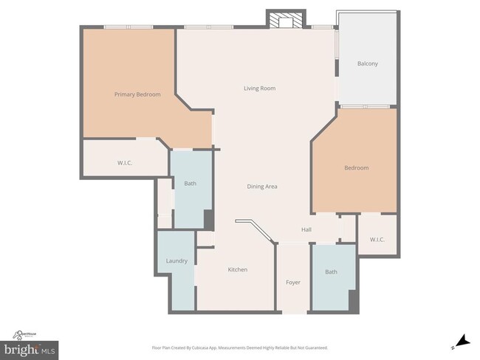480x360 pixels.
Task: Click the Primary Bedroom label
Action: [137, 94]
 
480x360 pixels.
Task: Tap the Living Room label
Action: [260, 89]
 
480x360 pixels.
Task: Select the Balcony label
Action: [368, 63]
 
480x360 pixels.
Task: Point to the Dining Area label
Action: [262, 187]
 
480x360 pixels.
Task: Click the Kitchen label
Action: [238, 270]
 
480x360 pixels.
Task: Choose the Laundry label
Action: [176, 261]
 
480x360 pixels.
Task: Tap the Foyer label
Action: [293, 283]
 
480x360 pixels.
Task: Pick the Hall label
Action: [306, 230]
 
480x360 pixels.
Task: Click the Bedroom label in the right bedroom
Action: [356, 168]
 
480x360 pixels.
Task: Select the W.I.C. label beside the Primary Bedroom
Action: [125, 162]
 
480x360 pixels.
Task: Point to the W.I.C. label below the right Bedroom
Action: [377, 240]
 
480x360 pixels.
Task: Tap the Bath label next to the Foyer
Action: [332, 272]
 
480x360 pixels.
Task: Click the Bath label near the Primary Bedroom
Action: [190, 184]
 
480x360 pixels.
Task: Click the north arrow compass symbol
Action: [462, 341]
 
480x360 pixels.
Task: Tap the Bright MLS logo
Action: [32, 348]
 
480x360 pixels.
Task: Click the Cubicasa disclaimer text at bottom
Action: [240, 347]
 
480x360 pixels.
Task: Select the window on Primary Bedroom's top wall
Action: [129, 27]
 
